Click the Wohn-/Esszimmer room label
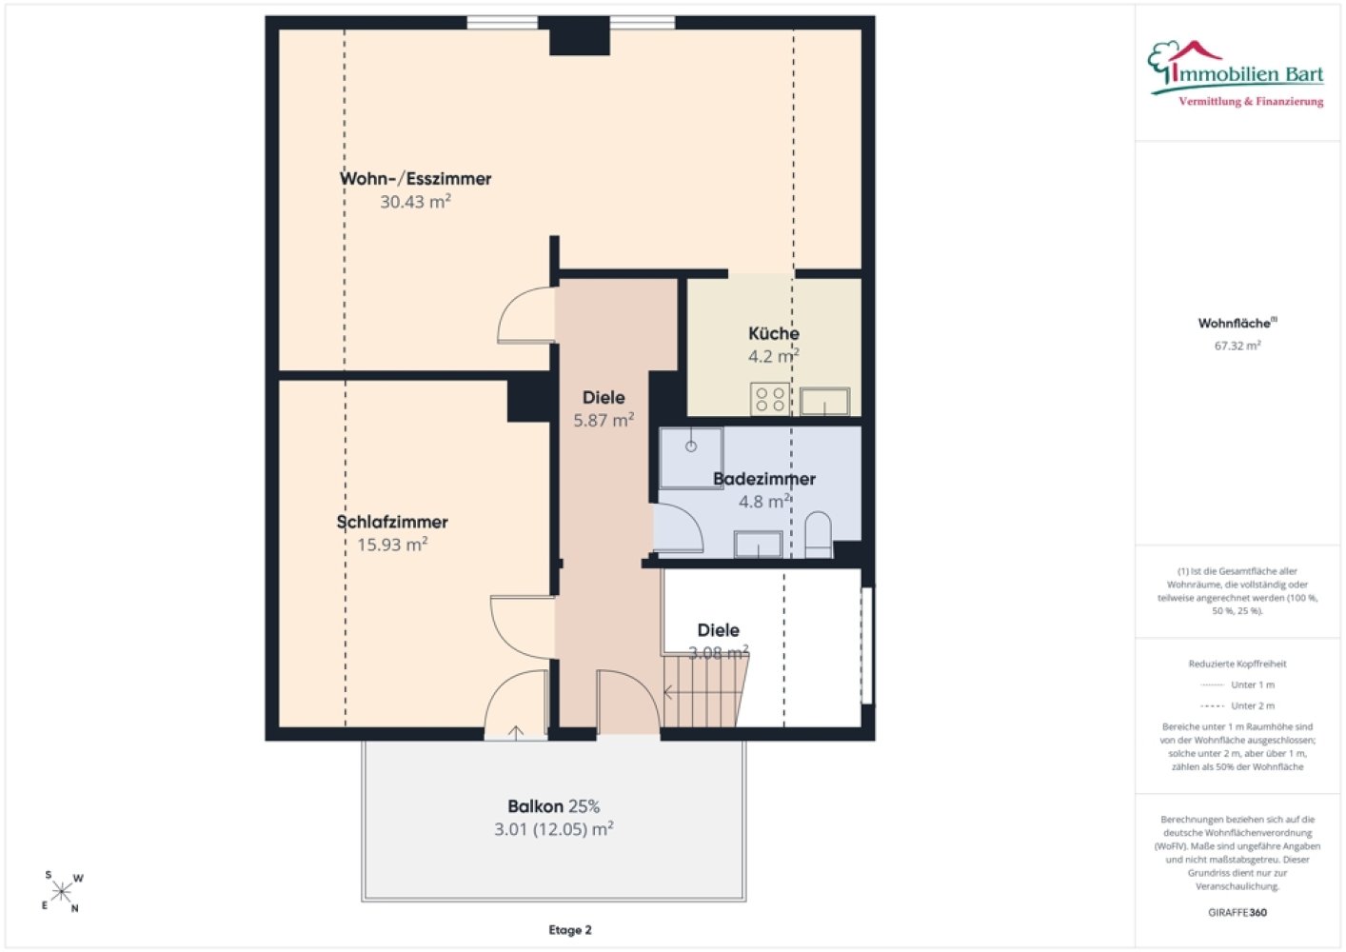point(415,179)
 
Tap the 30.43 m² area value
point(415,201)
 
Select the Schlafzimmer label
point(392,522)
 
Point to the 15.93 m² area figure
point(392,545)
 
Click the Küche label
point(774,333)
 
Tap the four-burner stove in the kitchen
point(770,399)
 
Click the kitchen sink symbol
point(824,402)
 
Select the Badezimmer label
point(764,479)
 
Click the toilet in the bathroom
point(818,534)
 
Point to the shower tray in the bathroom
point(691,458)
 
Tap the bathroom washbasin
point(758,544)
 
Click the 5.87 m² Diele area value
point(604,420)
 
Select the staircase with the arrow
point(705,691)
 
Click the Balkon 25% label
point(553,806)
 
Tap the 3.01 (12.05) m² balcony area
point(553,829)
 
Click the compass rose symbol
point(61,892)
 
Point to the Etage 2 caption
point(569,930)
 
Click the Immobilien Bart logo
point(1236,74)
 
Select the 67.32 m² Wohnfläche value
point(1237,346)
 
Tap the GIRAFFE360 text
point(1237,912)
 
